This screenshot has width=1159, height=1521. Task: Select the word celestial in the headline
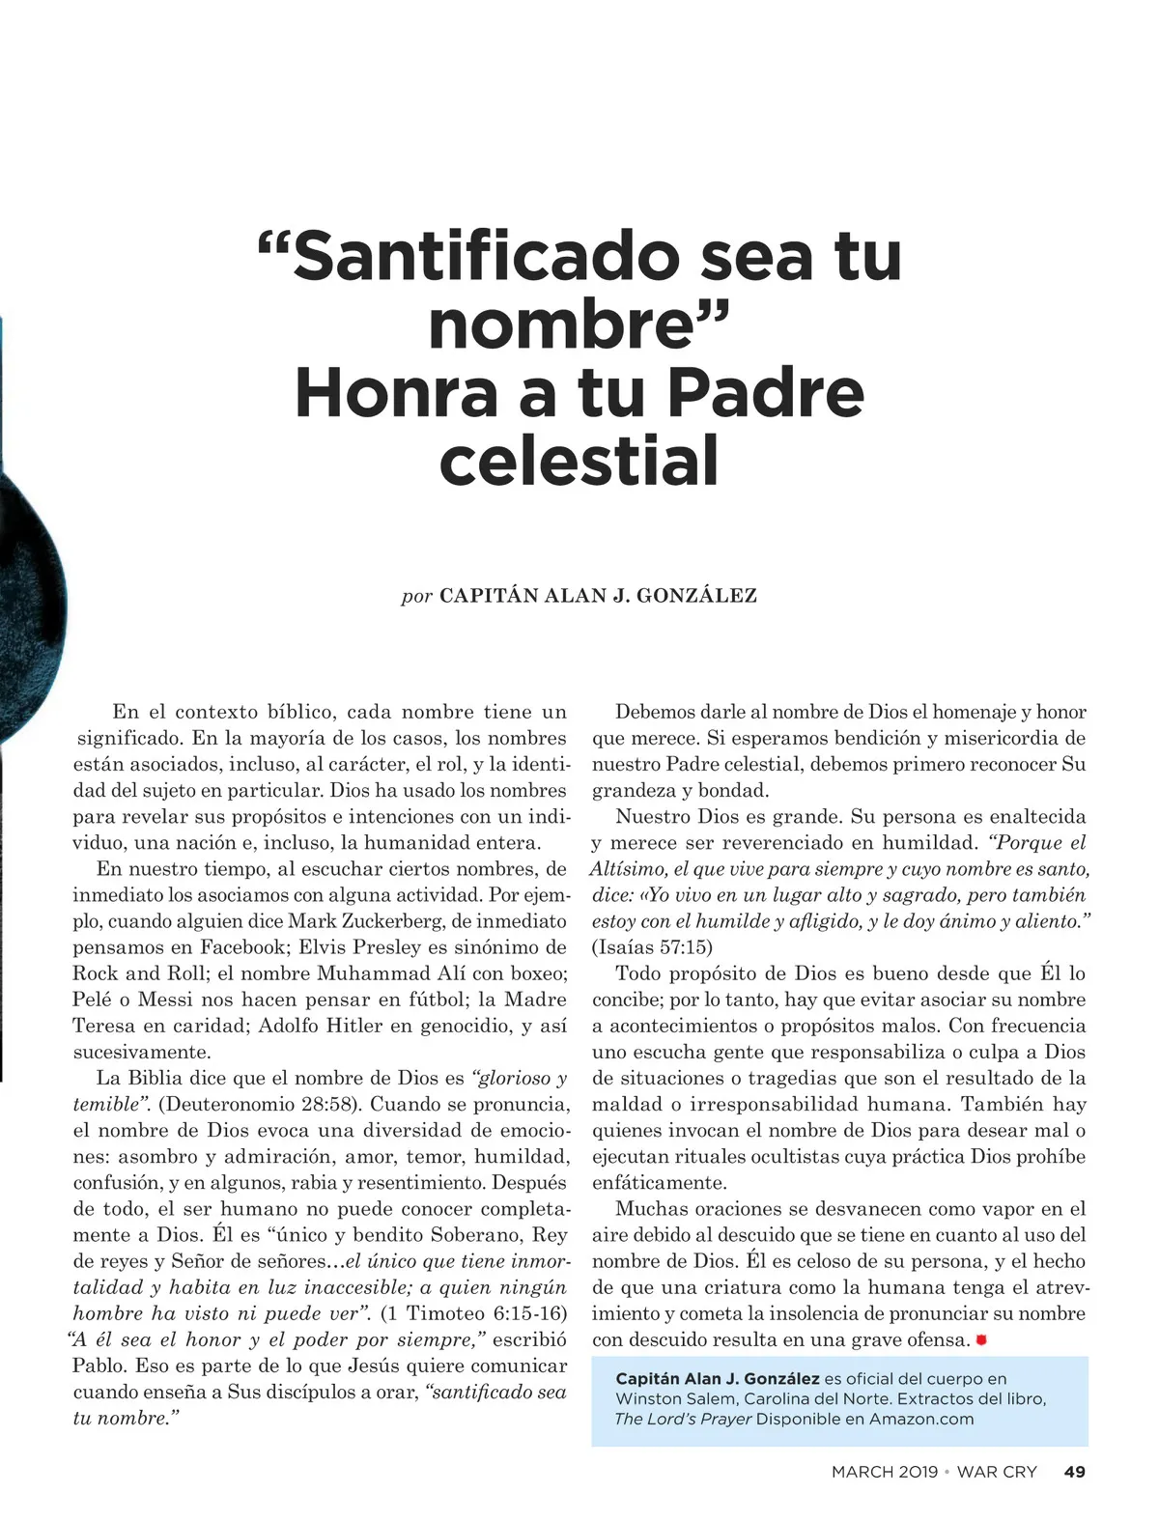579,461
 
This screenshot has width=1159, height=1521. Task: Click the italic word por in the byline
417,596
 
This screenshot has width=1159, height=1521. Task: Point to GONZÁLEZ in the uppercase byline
696,596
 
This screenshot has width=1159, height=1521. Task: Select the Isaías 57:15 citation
652,947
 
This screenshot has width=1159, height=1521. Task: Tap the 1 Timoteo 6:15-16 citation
473,1313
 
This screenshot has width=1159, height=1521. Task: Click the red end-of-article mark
981,1340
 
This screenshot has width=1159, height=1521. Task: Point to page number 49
1074,1472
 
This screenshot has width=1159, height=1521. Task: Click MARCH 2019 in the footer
884,1472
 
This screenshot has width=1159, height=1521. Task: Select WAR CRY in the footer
996,1472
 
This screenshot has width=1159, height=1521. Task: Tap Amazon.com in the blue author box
921,1419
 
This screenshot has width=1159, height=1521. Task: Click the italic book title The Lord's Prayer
682,1419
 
